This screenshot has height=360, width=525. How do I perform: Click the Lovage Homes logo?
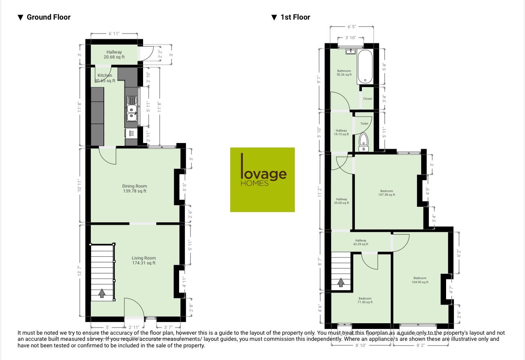point(262,179)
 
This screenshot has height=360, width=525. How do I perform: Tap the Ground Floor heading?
point(48,17)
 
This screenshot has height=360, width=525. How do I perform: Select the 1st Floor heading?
point(295,17)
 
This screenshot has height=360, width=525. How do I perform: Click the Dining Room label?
point(135,188)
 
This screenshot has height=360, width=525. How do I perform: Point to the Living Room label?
point(144,260)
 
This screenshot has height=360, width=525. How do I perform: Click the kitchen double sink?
point(132,109)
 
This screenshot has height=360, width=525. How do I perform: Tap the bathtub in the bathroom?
point(364,67)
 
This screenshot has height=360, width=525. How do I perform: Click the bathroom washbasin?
point(350,51)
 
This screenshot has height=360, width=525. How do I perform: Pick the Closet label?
point(368,98)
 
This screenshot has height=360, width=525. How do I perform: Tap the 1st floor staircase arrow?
point(341,282)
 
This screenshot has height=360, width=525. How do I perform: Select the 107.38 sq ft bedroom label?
point(386,193)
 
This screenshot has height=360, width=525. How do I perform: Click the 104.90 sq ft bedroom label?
point(420,280)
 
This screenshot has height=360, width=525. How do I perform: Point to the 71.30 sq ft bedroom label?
point(365,300)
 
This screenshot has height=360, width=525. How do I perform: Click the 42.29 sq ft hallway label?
point(361,242)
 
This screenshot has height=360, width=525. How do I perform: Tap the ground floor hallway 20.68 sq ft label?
point(114,54)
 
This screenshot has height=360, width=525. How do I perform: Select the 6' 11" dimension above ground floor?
point(114,34)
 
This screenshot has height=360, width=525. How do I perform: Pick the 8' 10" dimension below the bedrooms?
point(361,345)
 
